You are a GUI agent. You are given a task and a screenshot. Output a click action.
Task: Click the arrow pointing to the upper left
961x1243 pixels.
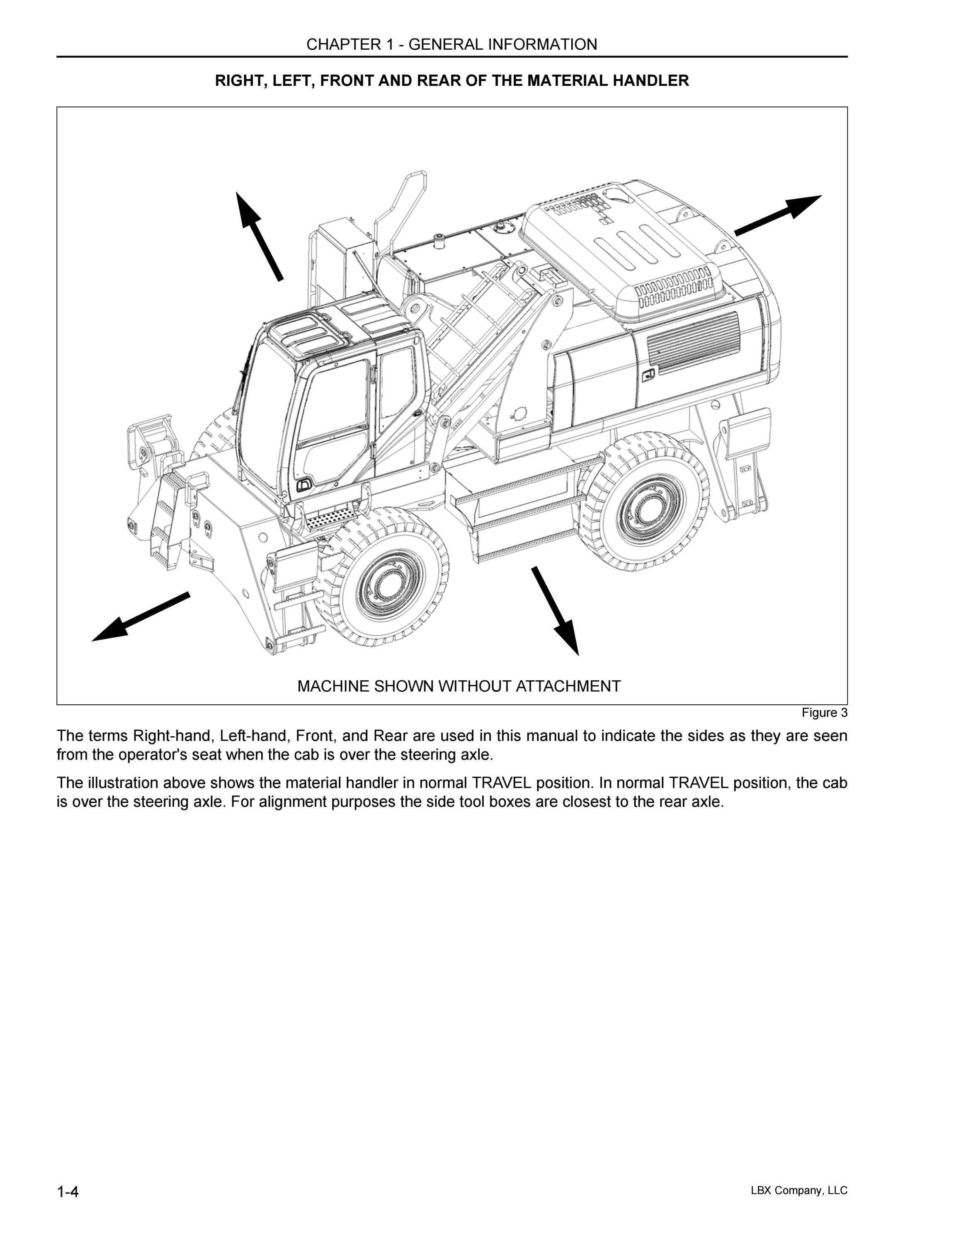pos(259,236)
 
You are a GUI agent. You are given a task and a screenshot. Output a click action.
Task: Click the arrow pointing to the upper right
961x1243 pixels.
pos(778,215)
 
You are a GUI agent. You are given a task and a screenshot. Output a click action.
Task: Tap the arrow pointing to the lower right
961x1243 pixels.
pos(555,611)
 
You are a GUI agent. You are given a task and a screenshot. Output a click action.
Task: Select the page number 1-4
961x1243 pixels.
pos(68,1191)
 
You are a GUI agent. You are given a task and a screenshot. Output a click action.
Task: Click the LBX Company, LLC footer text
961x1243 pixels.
pos(799,1190)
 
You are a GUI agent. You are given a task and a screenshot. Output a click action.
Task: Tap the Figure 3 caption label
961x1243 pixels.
pos(824,713)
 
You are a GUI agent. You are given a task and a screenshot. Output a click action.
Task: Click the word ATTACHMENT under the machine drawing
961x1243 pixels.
pos(568,687)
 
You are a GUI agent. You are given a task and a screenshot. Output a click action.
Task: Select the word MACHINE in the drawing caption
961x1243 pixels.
pos(334,687)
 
